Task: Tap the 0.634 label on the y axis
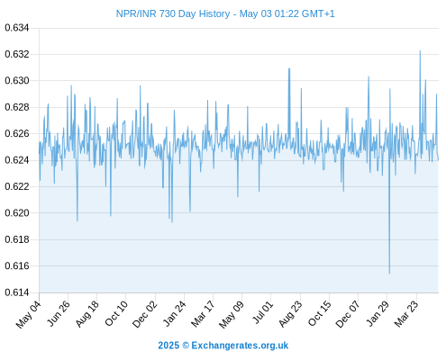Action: tap(17, 28)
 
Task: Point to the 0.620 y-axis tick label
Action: tap(17, 213)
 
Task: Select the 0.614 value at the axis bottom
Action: tap(17, 292)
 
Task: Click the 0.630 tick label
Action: tap(17, 81)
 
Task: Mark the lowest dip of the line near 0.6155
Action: tap(389, 274)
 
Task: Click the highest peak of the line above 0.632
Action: tap(420, 51)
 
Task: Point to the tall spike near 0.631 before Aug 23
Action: tap(289, 68)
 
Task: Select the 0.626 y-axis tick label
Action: tap(17, 134)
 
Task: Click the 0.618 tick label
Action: tap(17, 239)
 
